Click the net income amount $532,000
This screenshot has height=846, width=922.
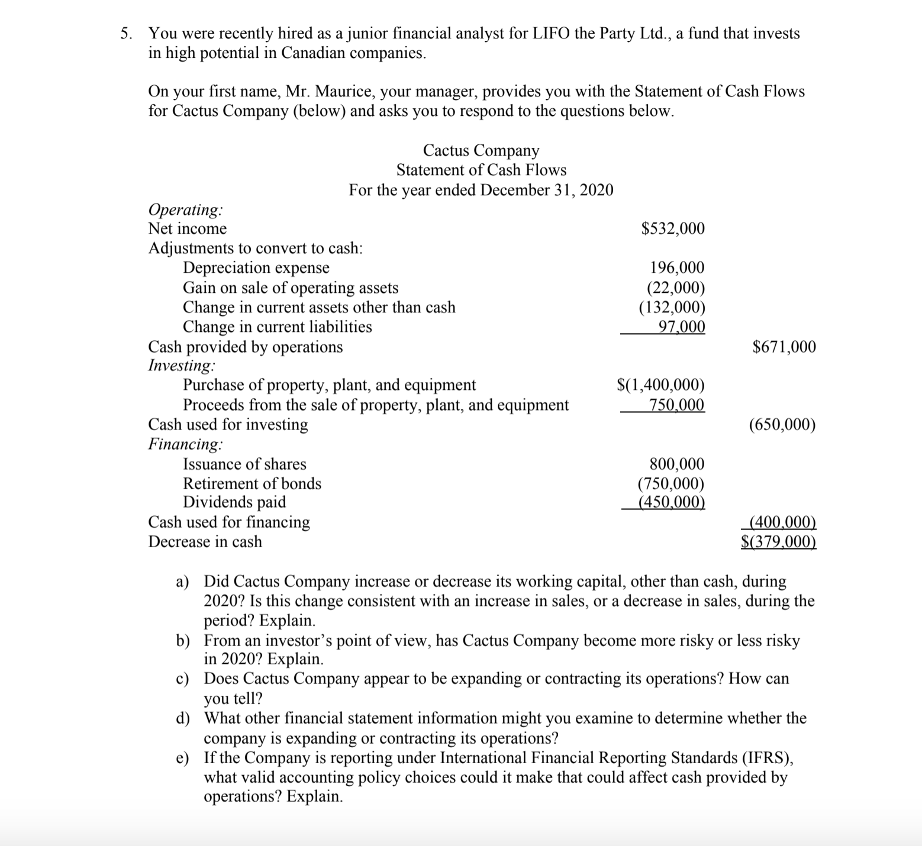click(x=673, y=229)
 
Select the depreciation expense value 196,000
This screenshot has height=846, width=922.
click(x=677, y=268)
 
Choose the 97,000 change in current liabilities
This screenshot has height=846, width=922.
click(x=681, y=327)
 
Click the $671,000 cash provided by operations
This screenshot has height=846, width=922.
click(x=784, y=347)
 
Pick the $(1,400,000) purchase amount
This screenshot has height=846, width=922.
click(x=660, y=386)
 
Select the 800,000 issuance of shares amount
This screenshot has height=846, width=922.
click(x=677, y=464)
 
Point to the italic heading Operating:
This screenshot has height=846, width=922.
click(x=186, y=210)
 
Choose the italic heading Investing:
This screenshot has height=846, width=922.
click(x=182, y=366)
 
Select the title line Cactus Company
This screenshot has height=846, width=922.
click(x=481, y=150)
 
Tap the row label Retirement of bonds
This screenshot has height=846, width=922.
click(x=252, y=484)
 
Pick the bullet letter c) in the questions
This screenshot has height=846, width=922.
click(x=183, y=679)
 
